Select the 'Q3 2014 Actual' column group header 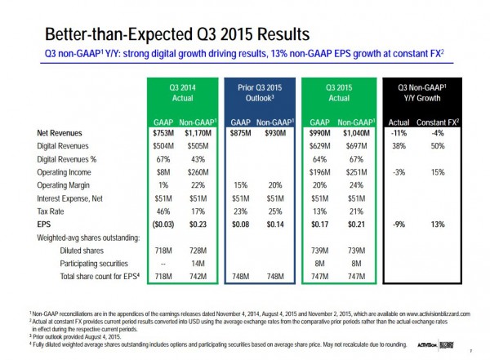[176, 91]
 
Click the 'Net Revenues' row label [61, 132]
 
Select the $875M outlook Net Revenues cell [239, 132]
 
